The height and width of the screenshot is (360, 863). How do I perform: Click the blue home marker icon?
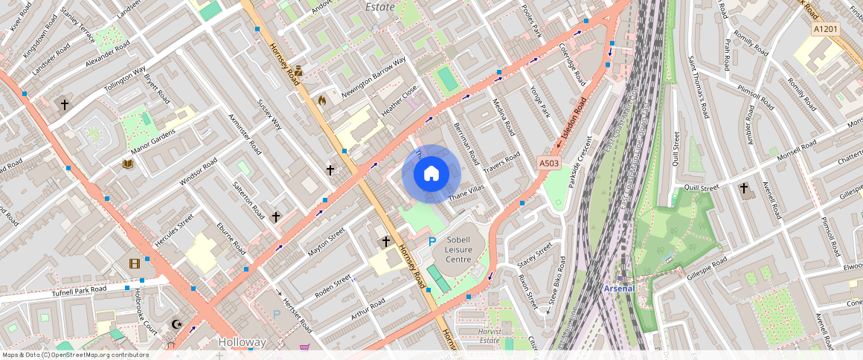coord(431,174)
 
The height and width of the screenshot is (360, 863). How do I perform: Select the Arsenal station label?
coord(619,288)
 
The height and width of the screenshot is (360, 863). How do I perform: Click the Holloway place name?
coord(243,342)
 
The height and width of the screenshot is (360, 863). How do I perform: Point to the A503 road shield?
coord(549,162)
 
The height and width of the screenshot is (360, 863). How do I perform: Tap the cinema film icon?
coord(135,263)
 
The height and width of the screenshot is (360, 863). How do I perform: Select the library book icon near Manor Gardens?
coord(127,164)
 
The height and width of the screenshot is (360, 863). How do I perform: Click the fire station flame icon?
coord(321,99)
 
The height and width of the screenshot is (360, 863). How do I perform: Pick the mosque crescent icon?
coord(177,324)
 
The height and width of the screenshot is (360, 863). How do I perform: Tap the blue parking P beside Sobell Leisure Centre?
coord(432,241)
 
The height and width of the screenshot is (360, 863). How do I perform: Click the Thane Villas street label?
coord(466,194)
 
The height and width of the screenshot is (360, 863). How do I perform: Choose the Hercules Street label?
coord(174,231)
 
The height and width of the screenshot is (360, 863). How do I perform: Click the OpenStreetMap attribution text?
coord(75,355)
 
